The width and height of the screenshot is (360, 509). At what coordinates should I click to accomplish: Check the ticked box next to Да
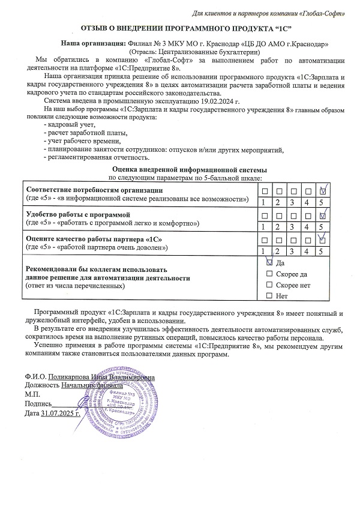(269, 262)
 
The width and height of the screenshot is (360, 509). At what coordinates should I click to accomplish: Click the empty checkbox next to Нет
(269, 295)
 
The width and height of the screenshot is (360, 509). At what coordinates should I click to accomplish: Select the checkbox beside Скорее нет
(269, 285)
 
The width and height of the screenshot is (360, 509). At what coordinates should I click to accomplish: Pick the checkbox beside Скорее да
(269, 273)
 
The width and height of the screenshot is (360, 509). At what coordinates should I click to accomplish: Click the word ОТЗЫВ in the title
(98, 28)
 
